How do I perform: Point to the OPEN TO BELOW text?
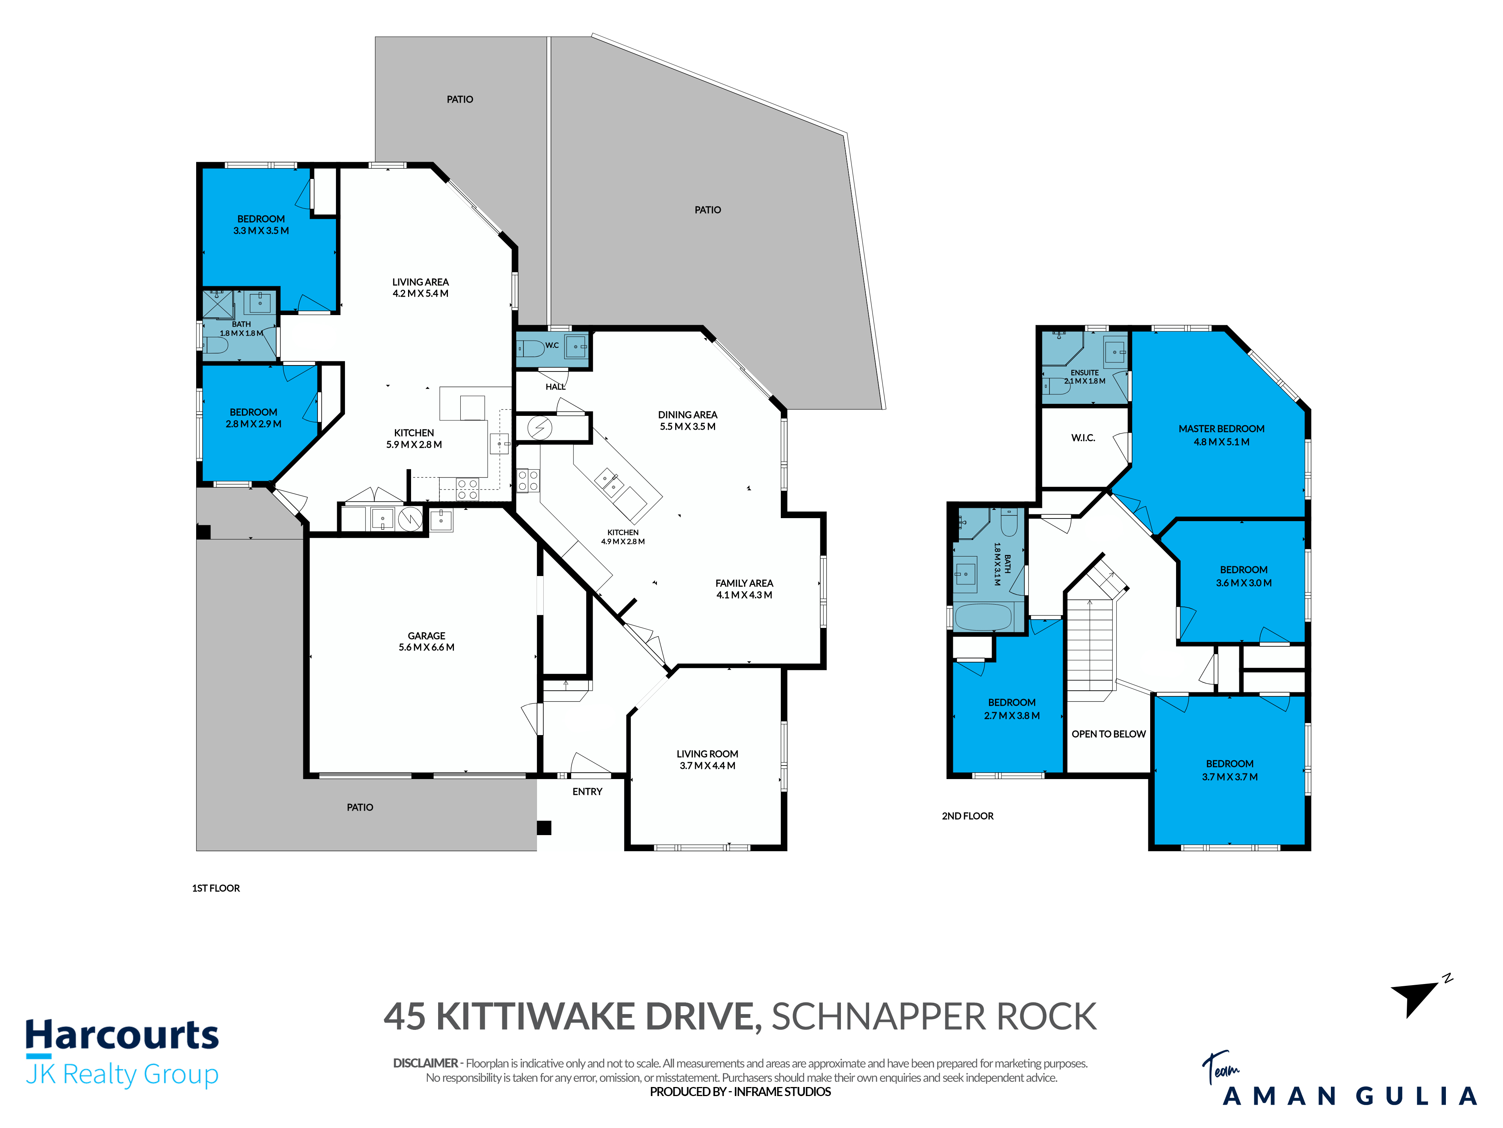point(1109,734)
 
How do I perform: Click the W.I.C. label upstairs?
point(1083,438)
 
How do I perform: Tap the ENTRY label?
point(587,791)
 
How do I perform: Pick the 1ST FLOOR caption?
point(216,888)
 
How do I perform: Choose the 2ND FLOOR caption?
point(968,816)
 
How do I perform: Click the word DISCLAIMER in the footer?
point(425,1063)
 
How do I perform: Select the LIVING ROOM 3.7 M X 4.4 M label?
point(707,760)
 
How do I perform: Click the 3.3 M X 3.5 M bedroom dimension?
point(261,230)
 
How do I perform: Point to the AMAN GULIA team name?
point(1349,1096)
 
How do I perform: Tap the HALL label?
point(555,387)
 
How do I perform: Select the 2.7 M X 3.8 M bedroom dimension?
point(1012,715)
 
